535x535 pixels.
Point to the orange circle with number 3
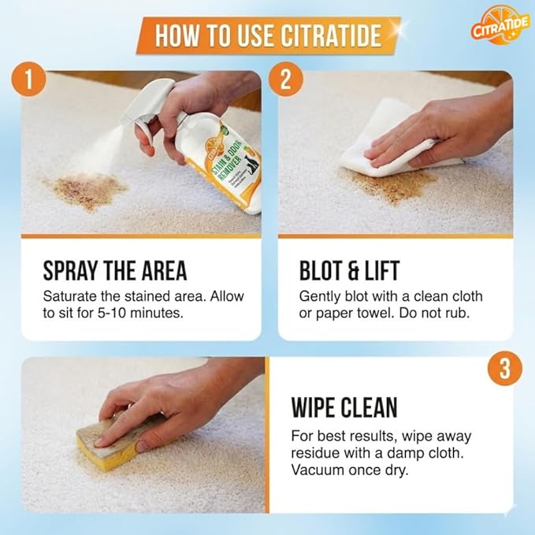tap(504, 368)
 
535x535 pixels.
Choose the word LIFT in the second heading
tap(381, 271)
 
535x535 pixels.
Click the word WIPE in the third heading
tap(318, 407)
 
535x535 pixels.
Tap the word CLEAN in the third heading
tap(371, 407)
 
